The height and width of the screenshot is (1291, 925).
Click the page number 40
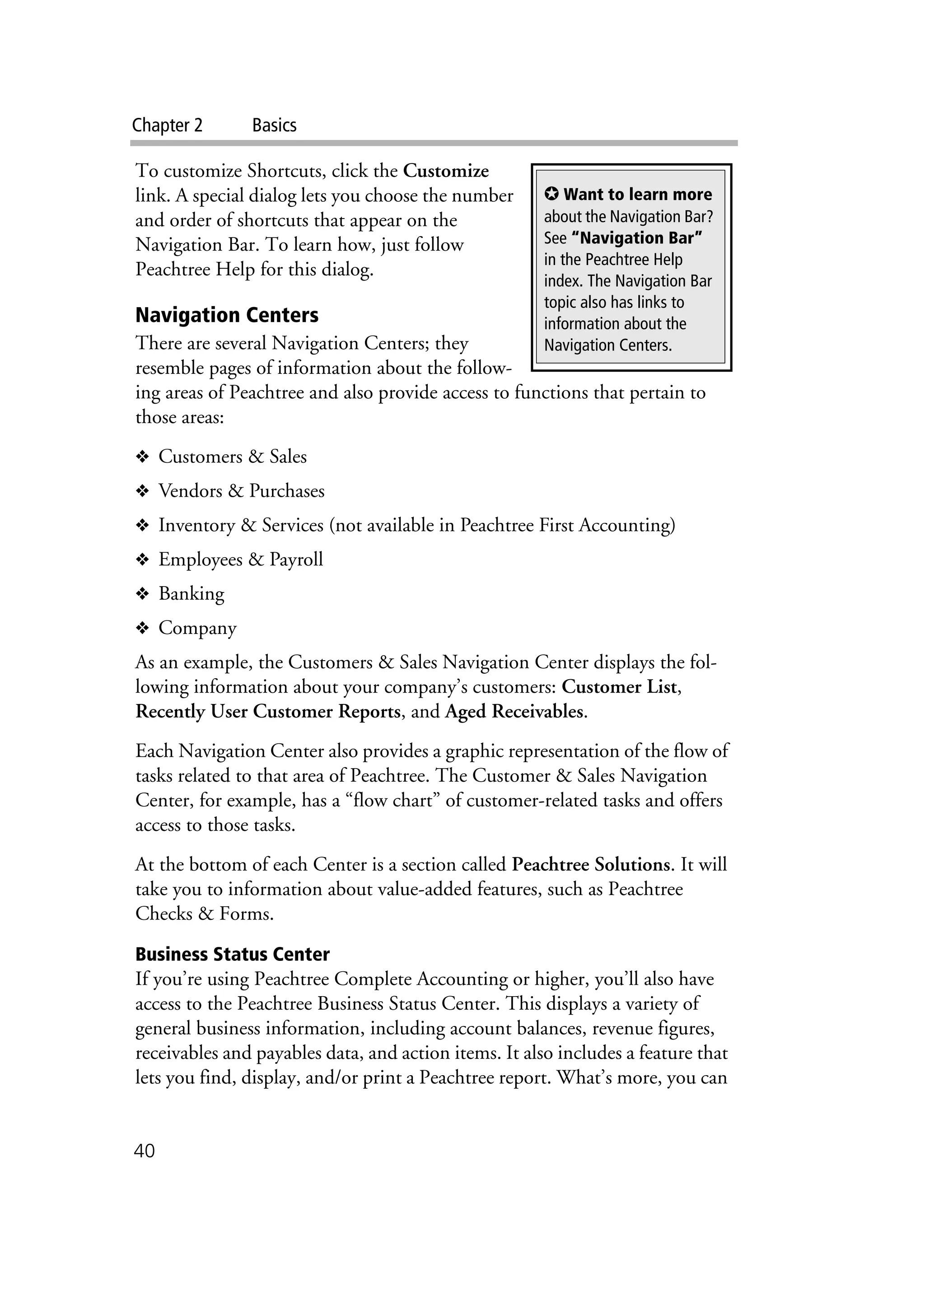144,1151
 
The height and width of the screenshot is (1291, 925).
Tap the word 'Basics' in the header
274,125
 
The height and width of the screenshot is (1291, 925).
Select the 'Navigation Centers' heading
227,315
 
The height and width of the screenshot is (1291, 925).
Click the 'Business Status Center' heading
232,954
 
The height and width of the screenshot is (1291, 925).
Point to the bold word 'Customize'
446,171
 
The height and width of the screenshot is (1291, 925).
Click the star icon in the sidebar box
551,194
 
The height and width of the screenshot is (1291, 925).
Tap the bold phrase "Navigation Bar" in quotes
636,238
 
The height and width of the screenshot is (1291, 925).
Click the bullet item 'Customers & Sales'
232,457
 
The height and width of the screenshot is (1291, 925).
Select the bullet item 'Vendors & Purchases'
241,491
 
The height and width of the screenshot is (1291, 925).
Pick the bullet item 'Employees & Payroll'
240,559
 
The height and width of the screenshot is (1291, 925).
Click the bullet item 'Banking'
191,594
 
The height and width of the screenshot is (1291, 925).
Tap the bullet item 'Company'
197,628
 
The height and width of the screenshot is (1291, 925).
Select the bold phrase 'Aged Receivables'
514,712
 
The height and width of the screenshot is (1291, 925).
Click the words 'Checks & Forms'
204,913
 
